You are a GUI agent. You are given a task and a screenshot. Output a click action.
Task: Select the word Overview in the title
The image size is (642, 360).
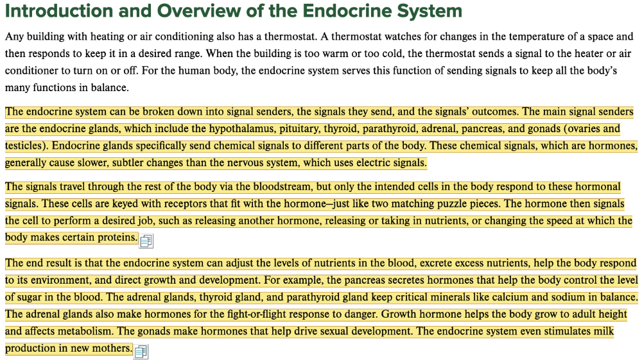point(196,11)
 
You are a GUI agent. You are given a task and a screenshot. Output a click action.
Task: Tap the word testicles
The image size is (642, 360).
point(26,146)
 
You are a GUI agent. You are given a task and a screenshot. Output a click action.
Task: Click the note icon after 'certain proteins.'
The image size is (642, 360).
point(146,241)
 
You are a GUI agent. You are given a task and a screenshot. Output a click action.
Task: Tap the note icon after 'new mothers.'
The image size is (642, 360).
point(141,351)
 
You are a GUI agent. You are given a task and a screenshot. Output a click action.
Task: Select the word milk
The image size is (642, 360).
point(602,332)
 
